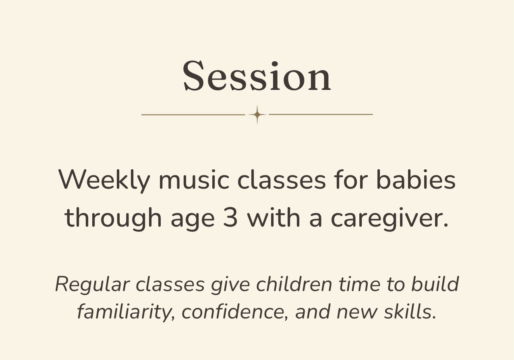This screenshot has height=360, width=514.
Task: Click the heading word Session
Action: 257,76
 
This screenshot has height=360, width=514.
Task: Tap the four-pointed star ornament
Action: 257,114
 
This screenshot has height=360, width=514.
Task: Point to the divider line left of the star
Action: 193,114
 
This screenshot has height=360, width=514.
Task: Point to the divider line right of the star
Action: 321,114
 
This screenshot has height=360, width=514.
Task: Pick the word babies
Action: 416,180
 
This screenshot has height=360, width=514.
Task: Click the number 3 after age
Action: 230,217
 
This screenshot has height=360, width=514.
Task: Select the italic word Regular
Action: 93,285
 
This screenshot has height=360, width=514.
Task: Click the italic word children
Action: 294,284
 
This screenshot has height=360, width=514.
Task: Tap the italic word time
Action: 360,284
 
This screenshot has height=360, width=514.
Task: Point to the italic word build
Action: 435,284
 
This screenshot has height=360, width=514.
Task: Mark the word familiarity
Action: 126,312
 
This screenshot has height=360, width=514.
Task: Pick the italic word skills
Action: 410,312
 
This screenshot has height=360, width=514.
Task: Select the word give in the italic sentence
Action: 230,285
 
